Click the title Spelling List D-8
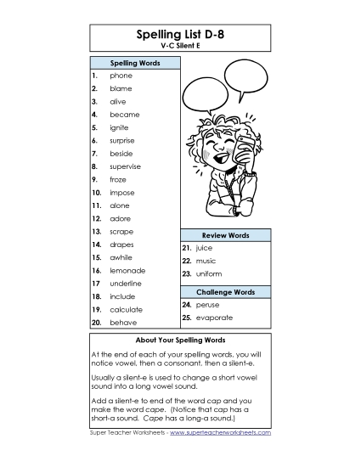180,35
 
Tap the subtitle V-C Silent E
180,48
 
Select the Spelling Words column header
134,63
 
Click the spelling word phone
121,76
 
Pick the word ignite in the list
121,127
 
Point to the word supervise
126,166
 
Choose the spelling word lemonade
127,270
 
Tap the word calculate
126,310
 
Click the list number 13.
96,231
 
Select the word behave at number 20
122,323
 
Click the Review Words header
225,234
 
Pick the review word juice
204,248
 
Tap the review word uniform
208,273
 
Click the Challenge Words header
225,291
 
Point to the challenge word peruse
207,304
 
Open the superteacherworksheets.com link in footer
220,432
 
